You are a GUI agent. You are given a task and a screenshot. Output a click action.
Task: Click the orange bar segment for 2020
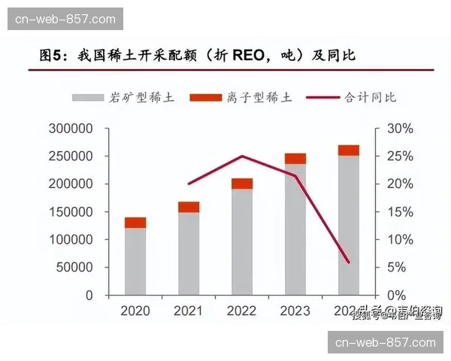pyautogui.click(x=135, y=223)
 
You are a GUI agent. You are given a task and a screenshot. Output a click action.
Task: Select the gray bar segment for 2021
pyautogui.click(x=189, y=253)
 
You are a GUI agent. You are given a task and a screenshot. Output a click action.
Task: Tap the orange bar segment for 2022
pyautogui.click(x=242, y=184)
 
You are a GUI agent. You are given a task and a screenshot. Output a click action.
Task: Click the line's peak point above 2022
pyautogui.click(x=242, y=156)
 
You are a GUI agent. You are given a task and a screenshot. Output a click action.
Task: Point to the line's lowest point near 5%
pyautogui.click(x=348, y=262)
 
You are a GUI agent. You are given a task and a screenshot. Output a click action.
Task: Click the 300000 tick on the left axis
pyautogui.click(x=71, y=129)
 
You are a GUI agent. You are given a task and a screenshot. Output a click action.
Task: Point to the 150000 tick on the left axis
pyautogui.click(x=71, y=212)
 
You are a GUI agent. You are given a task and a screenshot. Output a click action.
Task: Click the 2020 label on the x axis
pyautogui.click(x=135, y=311)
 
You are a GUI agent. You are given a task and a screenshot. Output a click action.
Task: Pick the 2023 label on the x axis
pyautogui.click(x=295, y=311)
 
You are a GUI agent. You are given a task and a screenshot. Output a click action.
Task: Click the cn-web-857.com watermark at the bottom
pyautogui.click(x=386, y=342)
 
